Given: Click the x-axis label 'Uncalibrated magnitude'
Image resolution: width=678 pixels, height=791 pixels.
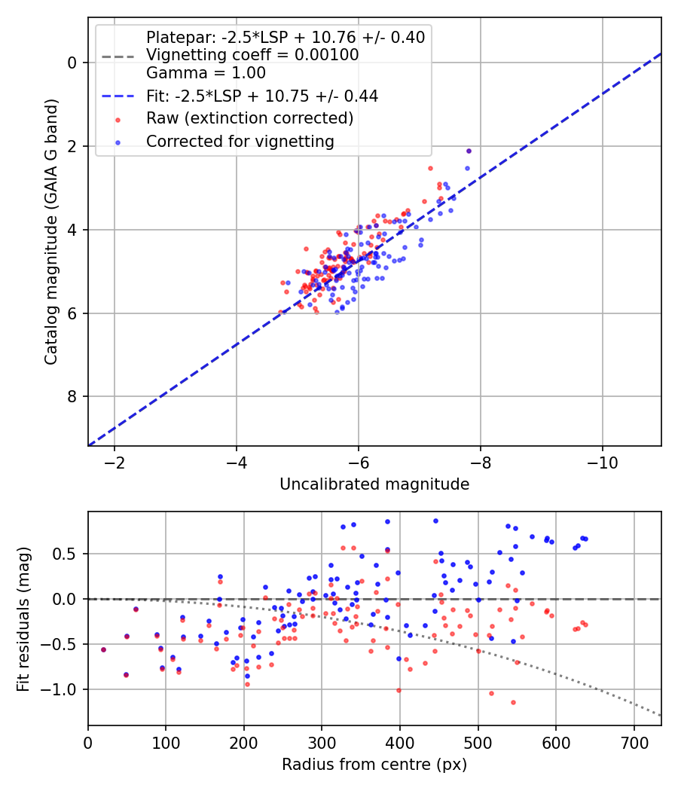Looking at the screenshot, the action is tap(374, 484).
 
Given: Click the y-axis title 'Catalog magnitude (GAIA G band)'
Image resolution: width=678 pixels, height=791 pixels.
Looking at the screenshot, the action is tap(50, 231).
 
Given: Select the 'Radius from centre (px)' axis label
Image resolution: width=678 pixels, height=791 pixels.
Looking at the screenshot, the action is tap(374, 765).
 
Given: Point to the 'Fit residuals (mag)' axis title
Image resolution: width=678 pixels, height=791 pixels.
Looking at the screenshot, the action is tap(23, 619).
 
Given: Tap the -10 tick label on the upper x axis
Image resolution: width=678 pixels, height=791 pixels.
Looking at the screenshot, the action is tap(603, 463).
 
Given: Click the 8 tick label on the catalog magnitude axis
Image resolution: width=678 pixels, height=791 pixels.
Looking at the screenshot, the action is tap(72, 396).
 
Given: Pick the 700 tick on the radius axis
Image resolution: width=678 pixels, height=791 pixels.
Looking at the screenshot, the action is tap(634, 743).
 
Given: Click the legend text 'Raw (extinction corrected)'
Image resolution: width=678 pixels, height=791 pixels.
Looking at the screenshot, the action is tap(249, 118).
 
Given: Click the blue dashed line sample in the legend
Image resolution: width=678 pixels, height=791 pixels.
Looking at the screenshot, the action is tap(118, 96).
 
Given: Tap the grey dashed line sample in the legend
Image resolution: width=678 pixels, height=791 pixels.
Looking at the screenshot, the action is tap(118, 56).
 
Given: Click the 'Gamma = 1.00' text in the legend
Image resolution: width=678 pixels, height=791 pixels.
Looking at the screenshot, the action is tap(206, 72).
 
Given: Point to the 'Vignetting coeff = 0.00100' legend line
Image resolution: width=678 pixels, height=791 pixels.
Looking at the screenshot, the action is tap(252, 54).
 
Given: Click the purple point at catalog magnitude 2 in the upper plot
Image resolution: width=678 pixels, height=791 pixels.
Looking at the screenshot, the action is tap(469, 151).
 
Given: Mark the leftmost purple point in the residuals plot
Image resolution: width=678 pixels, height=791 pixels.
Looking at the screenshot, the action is tap(103, 649).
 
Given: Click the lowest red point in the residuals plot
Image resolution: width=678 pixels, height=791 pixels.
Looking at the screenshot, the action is tap(513, 702).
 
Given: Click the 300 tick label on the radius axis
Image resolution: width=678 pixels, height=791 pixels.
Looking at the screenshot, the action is tap(322, 743).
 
